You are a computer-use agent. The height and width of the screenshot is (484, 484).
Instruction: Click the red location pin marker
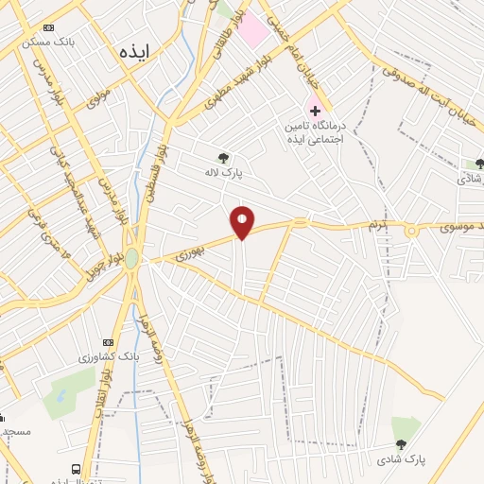tap(243, 223)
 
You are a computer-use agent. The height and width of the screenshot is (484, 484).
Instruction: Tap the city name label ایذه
tap(134, 51)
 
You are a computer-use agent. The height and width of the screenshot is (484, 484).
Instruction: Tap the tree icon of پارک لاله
tap(223, 158)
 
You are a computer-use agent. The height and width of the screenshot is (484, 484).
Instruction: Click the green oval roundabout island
tap(132, 258)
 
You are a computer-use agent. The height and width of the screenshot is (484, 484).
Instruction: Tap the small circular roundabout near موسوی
tap(411, 231)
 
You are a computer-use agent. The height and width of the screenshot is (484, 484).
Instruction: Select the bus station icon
tap(75, 468)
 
